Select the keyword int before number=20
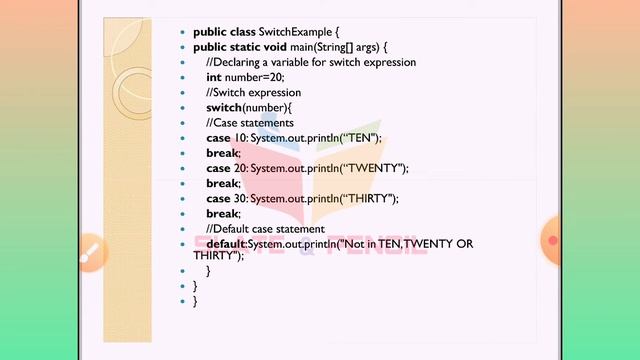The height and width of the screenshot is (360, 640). [x=214, y=77]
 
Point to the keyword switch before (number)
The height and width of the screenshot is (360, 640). [x=224, y=107]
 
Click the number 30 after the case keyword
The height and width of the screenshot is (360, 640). [x=240, y=198]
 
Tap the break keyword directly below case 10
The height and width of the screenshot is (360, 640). [x=223, y=153]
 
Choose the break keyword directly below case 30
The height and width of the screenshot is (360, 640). [x=223, y=213]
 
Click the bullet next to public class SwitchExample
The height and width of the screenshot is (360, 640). [x=182, y=33]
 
